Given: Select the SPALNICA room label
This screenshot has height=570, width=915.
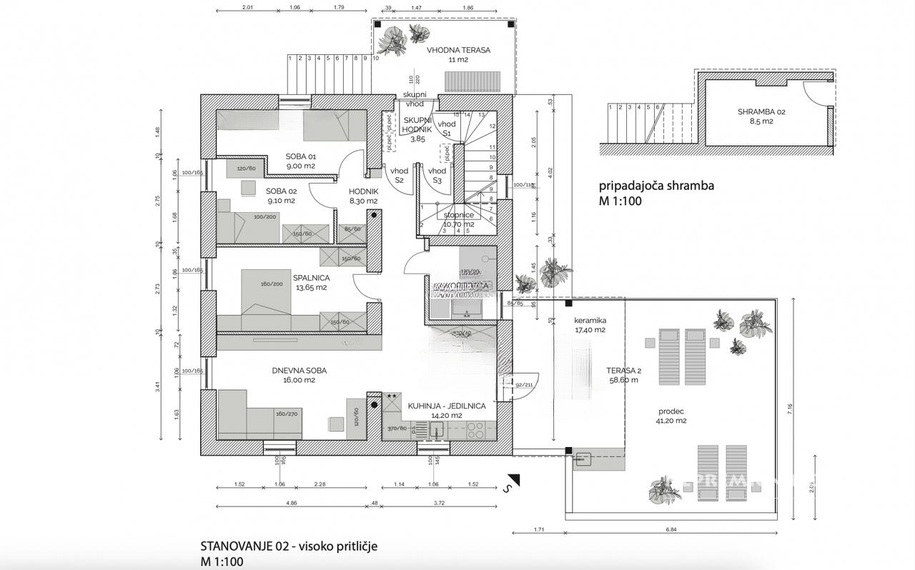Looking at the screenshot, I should point(310,278).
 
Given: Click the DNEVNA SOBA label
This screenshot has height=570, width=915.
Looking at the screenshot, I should point(299,371).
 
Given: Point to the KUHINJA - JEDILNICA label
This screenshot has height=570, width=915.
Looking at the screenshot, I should point(447,406).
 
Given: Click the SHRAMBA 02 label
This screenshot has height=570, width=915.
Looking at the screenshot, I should point(761,112).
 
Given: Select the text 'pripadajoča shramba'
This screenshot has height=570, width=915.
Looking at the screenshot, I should point(656,186).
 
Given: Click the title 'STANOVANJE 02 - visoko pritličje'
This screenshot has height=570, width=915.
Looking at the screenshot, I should point(289,546).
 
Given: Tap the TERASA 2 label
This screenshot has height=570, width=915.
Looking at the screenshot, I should point(623,371).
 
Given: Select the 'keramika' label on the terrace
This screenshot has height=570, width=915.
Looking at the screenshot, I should point(590,321).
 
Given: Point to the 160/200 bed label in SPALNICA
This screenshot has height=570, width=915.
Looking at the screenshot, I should point(272,284).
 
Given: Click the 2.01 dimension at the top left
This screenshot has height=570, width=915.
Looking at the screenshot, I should point(247,7).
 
